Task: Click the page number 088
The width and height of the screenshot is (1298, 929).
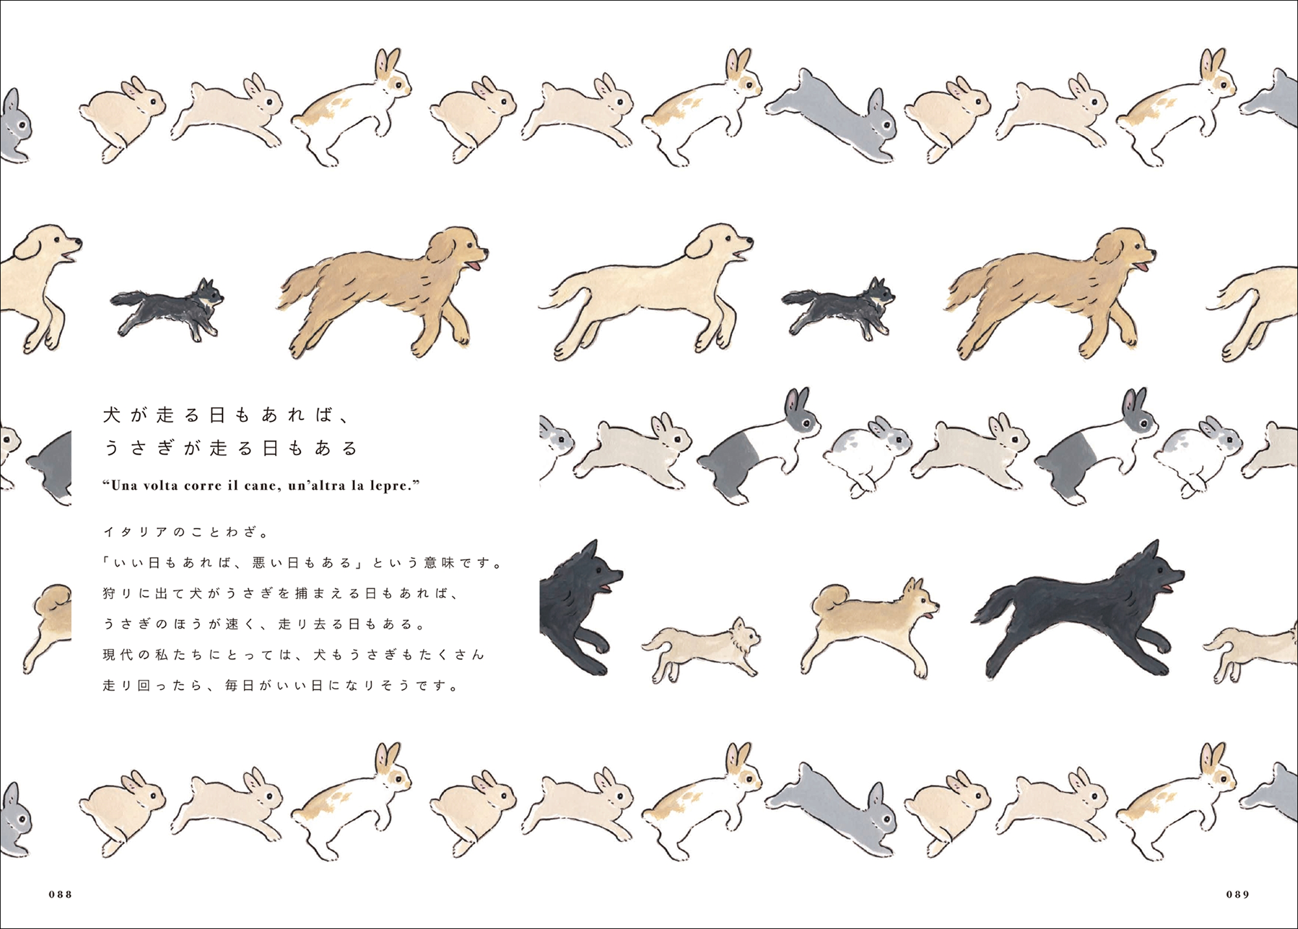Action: point(60,894)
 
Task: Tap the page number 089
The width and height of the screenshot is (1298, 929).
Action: point(1238,894)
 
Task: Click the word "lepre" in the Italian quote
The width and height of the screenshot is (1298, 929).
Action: point(388,486)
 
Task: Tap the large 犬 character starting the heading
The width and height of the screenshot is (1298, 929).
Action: point(112,415)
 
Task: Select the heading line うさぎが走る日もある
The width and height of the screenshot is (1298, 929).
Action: point(230,448)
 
